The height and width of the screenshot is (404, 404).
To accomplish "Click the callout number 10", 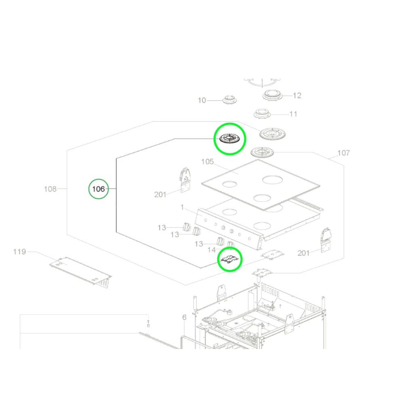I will point(202,100).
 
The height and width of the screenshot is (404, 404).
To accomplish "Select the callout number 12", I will point(297,96).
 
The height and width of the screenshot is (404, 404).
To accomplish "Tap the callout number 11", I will point(293,114).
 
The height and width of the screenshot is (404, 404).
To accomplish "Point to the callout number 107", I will point(343,153).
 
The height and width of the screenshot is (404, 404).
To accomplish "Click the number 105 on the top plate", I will point(207,162).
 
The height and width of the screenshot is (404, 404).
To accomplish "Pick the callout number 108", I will point(50,189).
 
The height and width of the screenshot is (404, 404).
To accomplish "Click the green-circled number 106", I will point(99,189).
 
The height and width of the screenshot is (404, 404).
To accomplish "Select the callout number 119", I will point(19,252).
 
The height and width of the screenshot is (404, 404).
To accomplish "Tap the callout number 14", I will point(212,250).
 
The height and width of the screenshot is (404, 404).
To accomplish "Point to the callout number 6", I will point(184,318).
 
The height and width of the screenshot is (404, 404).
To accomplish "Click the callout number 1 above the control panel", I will point(182,207).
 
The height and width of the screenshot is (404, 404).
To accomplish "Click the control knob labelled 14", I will point(230,245).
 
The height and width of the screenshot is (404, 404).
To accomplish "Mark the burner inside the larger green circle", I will point(229,139).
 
